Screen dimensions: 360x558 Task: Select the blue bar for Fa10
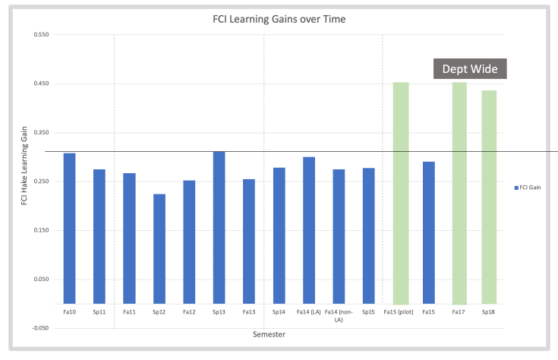[x=69, y=228]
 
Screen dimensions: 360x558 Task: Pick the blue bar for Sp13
[x=219, y=227]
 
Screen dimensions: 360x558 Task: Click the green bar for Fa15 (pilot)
[x=401, y=193]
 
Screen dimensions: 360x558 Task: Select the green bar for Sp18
[x=489, y=197]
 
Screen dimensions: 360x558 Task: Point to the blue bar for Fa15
[x=429, y=232]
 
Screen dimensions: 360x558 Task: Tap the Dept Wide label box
[x=470, y=69]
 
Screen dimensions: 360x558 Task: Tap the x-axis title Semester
[x=270, y=334]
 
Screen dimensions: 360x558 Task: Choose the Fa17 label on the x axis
[x=459, y=312]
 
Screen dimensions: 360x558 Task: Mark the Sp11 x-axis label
[x=99, y=312]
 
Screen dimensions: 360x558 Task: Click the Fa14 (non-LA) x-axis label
[x=339, y=316]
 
